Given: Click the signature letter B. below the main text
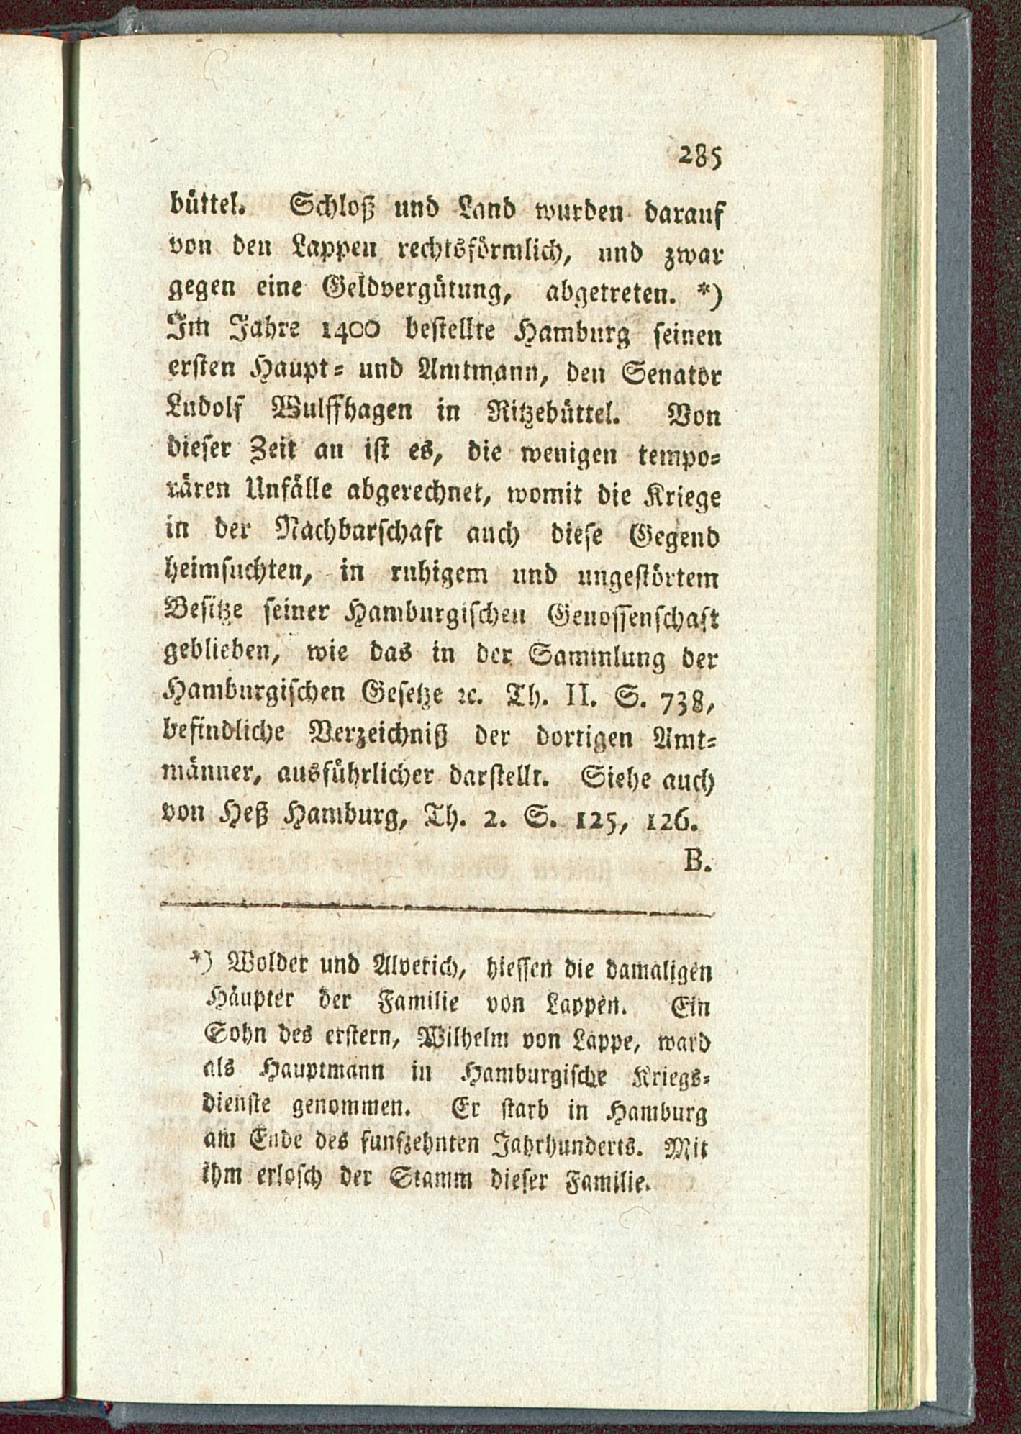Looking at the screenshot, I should pos(696,861).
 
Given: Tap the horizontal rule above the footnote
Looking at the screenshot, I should pos(432,913).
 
